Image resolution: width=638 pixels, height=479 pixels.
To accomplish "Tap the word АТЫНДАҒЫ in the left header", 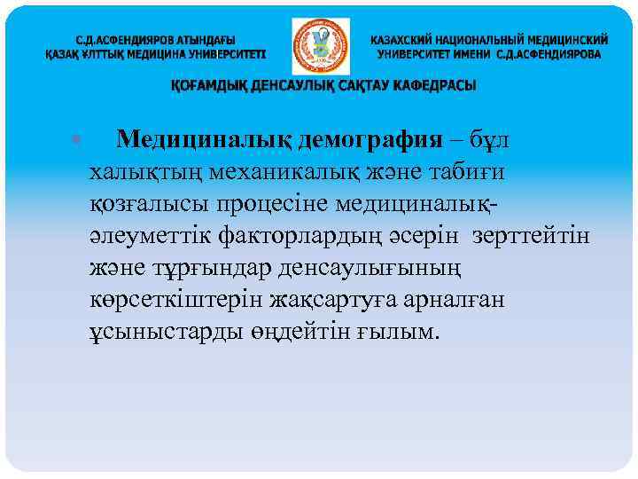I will pyautogui.click(x=202, y=40).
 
